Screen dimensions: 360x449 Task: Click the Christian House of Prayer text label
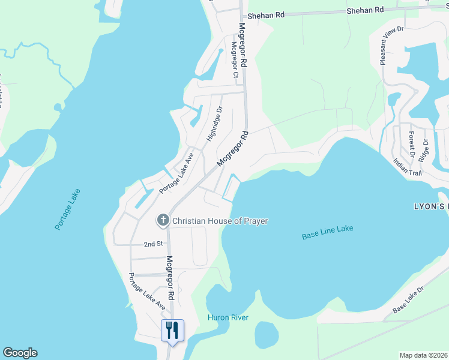(220, 221)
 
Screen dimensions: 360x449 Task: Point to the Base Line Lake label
(327, 232)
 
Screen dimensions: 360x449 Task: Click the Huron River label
(228, 317)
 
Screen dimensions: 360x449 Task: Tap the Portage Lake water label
(67, 209)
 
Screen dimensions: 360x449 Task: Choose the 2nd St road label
(153, 244)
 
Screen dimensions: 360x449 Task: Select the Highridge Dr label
(214, 124)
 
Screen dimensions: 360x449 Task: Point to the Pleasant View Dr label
(391, 46)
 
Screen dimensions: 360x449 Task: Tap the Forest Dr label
(412, 144)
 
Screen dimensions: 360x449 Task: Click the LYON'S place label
(431, 206)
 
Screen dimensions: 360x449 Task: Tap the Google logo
(20, 353)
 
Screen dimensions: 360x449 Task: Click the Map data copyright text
(423, 355)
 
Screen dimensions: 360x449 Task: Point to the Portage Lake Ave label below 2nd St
(147, 292)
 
